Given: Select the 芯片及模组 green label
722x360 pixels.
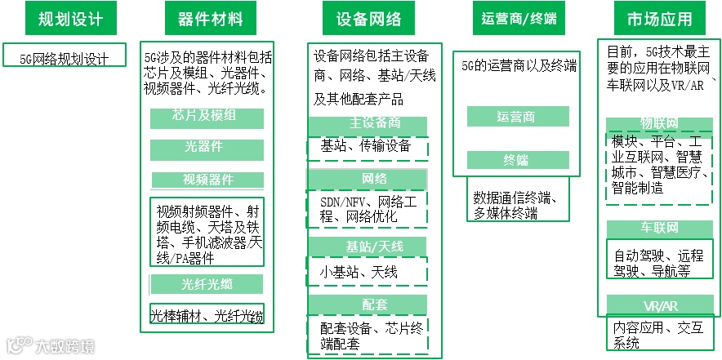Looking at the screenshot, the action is (x=207, y=117).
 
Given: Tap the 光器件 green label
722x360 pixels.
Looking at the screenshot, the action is (x=207, y=149).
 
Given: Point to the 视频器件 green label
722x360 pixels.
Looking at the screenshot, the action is (x=207, y=180).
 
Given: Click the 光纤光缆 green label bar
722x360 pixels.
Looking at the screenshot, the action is (x=207, y=284).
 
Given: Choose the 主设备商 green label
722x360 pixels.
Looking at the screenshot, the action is (x=368, y=124).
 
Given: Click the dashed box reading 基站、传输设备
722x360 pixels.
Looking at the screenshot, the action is (x=368, y=147).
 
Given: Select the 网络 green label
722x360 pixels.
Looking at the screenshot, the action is (x=368, y=178).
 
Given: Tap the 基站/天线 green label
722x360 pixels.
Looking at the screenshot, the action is (x=368, y=246).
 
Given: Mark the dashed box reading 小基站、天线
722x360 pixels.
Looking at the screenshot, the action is (x=368, y=270).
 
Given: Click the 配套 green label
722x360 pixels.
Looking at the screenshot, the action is (x=368, y=304).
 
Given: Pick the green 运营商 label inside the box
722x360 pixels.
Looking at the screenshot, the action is (x=517, y=116).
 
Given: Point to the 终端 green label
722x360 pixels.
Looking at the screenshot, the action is (x=517, y=160).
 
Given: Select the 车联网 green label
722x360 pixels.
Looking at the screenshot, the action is (x=660, y=228).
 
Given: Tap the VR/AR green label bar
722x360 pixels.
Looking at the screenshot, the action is (x=660, y=306).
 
